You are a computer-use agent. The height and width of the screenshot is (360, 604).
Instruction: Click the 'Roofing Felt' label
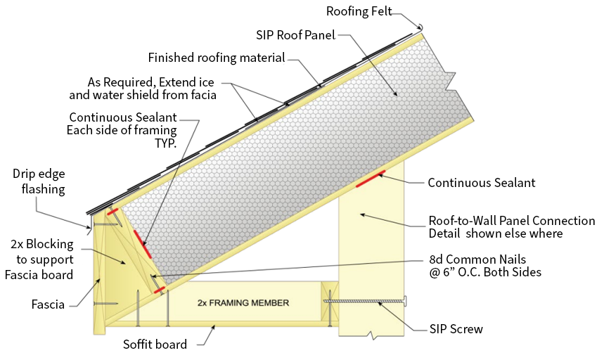click(359, 11)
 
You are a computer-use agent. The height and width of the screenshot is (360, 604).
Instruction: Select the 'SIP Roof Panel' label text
click(296, 35)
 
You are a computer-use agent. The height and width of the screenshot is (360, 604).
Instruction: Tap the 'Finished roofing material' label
click(217, 58)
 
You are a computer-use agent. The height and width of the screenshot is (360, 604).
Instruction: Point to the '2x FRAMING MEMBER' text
click(243, 303)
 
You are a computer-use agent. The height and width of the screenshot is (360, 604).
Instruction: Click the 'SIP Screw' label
click(456, 329)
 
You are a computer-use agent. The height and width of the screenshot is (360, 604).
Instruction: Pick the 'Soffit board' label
click(155, 345)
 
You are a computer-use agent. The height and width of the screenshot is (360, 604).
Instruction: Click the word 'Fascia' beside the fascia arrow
click(48, 304)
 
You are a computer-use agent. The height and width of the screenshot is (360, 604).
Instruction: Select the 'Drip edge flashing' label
click(39, 181)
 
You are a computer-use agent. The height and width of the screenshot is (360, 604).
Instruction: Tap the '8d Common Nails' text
click(477, 259)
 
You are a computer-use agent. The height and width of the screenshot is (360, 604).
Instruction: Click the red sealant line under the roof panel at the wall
click(370, 179)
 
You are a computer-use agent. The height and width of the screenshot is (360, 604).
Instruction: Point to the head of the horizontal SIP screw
click(406, 301)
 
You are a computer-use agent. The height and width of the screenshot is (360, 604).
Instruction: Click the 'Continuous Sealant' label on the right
click(482, 183)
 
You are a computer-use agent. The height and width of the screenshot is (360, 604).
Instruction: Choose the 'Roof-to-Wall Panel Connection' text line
click(512, 221)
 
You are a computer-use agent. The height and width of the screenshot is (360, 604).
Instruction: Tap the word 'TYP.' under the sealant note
click(166, 143)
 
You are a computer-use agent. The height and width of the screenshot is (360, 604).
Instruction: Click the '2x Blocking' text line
click(42, 244)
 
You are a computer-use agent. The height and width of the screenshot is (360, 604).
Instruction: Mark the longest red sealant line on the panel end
click(143, 244)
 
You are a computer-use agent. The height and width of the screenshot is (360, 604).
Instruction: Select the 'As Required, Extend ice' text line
click(150, 82)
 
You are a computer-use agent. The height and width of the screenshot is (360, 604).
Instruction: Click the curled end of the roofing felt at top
click(421, 27)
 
